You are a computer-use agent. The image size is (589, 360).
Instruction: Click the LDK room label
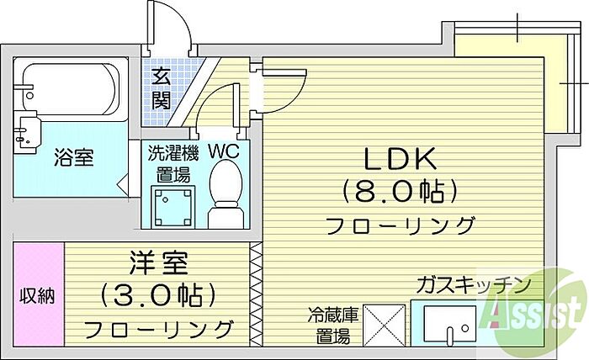click(400, 158)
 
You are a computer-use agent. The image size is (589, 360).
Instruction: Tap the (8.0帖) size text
click(400, 192)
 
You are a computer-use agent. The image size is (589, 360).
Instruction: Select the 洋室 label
click(158, 263)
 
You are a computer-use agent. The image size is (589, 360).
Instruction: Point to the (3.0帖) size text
click(158, 295)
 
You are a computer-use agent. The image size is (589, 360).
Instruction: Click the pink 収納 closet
click(38, 294)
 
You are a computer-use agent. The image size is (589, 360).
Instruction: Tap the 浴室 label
click(74, 157)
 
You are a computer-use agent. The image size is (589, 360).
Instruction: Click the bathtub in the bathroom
click(71, 89)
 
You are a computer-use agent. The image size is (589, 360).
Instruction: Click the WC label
click(224, 151)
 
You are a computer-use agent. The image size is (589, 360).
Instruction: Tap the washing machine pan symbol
click(173, 207)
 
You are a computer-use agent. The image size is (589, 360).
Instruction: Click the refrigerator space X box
click(385, 325)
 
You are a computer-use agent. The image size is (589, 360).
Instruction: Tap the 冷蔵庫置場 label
click(333, 325)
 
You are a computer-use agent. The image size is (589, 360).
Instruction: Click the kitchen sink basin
click(449, 325)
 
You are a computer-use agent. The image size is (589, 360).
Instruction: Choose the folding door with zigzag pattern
click(256, 294)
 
